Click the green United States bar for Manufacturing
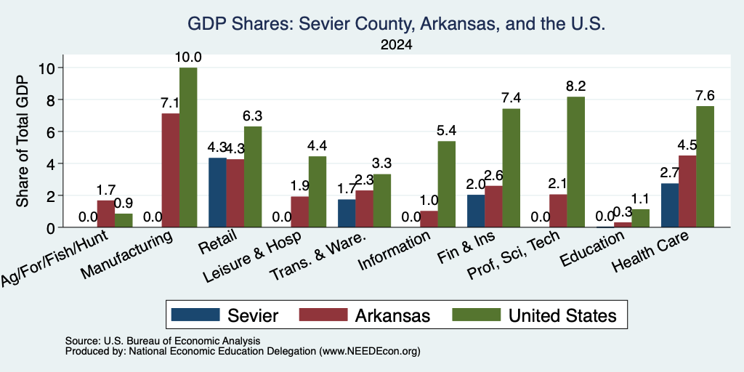point(188,147)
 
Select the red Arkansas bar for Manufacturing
point(171,170)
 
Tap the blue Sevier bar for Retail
point(217,193)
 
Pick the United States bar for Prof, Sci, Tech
point(576,162)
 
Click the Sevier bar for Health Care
point(669,206)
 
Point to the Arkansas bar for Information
point(429,219)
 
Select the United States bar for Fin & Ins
point(511,168)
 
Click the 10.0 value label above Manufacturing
point(188,57)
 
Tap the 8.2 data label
point(576,86)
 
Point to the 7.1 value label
point(169,103)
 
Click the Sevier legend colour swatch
point(195,315)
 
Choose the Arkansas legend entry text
point(392,315)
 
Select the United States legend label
point(563,315)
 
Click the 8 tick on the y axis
point(52,100)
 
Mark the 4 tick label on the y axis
point(52,163)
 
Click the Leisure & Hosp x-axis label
point(252,256)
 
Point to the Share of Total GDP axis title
point(23,141)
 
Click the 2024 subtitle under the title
point(396,45)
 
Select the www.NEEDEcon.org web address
point(370,351)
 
